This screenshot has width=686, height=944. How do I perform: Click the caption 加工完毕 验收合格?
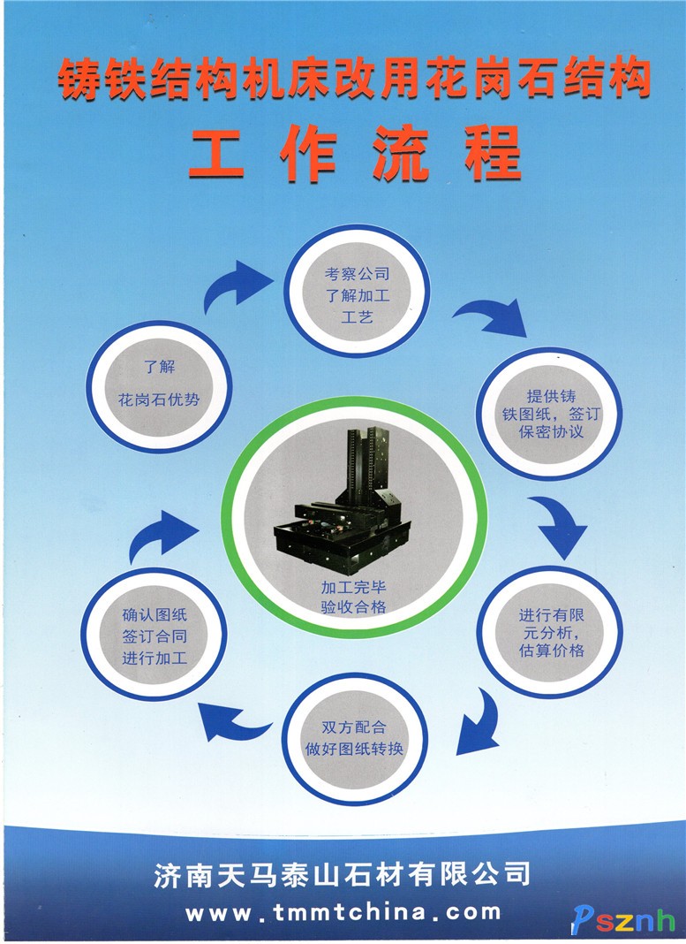353,597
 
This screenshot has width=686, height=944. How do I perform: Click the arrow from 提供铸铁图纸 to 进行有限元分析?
558,524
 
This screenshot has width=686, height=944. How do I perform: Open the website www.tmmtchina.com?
343,913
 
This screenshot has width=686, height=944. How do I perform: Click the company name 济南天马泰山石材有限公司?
342,874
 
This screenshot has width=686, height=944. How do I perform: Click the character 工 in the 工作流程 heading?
215,154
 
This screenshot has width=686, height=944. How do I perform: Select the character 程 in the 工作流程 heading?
493,154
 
